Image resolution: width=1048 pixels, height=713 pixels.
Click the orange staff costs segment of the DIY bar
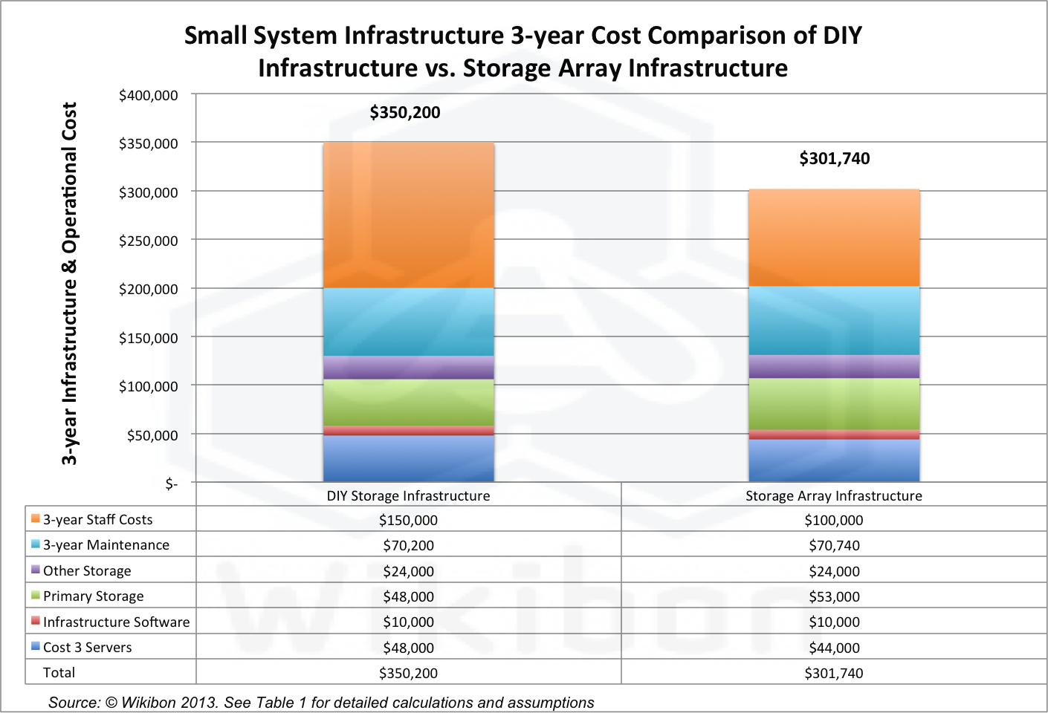pos(409,215)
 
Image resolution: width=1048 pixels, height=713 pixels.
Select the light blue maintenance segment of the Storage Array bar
pos(834,321)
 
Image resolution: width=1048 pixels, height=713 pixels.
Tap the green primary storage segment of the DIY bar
pos(409,403)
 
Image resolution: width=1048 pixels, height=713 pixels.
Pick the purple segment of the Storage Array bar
pos(834,367)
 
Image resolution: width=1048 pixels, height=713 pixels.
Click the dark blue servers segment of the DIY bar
pos(409,458)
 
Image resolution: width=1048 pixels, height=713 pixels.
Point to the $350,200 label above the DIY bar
pos(405,113)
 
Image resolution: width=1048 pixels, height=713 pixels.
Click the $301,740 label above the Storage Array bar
pos(834,159)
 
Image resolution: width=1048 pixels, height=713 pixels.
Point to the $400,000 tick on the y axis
pos(149,96)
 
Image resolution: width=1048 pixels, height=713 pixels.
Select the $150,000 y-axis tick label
pos(149,339)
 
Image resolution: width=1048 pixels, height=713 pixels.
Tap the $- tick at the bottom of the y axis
pos(172,484)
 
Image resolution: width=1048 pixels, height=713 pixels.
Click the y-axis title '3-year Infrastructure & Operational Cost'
pos(69,284)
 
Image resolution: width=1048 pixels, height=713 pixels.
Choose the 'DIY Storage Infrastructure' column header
pos(408,496)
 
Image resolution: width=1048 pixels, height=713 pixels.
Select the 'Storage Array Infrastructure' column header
pos(834,496)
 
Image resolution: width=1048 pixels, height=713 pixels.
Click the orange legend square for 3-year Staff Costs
pos(35,518)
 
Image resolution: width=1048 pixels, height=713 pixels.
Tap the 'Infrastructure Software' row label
pos(116,622)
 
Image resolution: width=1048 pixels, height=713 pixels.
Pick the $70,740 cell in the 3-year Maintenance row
pos(834,546)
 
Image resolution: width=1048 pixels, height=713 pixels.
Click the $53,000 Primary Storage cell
pos(834,597)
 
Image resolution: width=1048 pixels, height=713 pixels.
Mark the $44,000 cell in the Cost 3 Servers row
pos(834,648)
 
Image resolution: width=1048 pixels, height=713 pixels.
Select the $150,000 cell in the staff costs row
pos(408,521)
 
